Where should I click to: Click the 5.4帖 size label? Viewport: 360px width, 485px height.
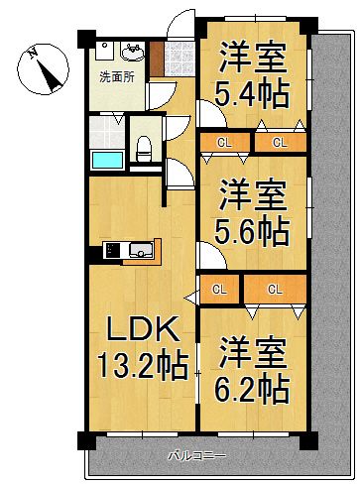point(253,98)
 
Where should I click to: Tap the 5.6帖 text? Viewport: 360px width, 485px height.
point(253,232)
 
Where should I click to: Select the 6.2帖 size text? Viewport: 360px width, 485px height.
point(253,387)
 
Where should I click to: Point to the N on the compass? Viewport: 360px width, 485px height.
point(33,53)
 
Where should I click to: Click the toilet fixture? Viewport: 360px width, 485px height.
point(145,148)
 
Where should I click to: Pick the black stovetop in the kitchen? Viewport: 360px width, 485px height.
point(110,249)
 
